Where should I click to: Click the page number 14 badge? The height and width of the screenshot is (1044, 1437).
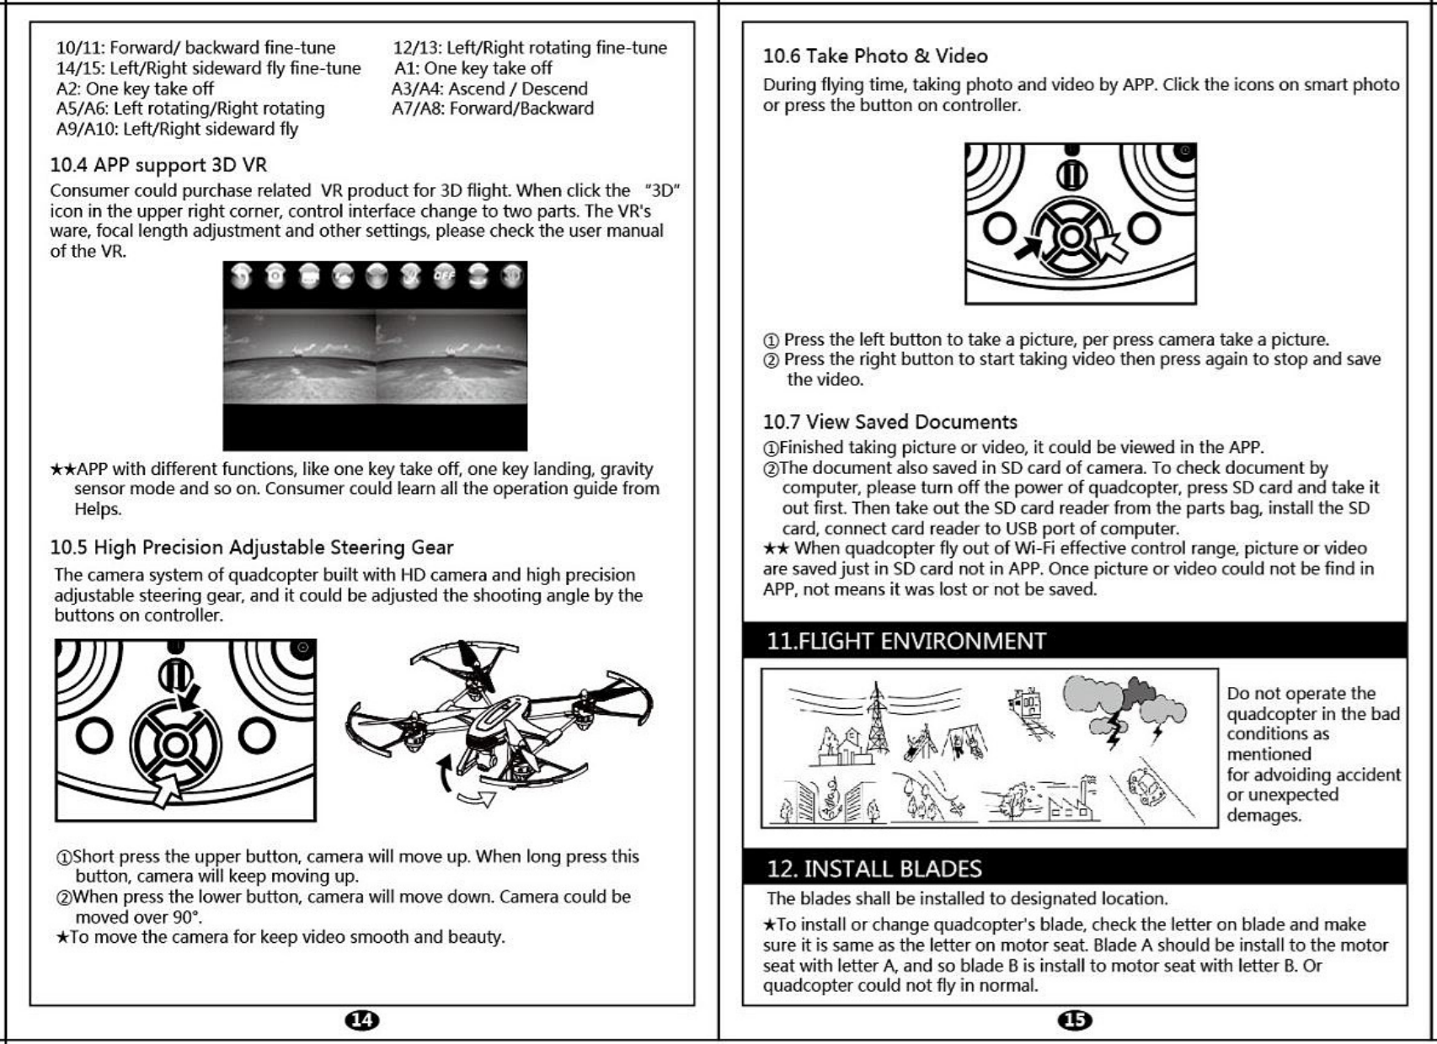tap(362, 1020)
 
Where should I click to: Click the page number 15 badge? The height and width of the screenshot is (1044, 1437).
tap(1075, 1020)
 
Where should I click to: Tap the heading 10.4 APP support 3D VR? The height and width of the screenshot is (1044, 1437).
tap(158, 165)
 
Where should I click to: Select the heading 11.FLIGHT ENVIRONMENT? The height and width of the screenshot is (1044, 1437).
tap(905, 642)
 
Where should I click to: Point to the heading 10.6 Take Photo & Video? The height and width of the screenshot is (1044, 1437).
tap(874, 56)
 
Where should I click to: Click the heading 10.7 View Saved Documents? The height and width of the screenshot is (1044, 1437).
tap(889, 422)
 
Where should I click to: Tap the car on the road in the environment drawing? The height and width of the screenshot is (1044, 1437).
tap(1147, 785)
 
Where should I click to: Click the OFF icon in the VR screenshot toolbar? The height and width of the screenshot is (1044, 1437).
tap(444, 276)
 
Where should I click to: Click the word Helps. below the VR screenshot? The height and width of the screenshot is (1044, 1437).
tap(98, 509)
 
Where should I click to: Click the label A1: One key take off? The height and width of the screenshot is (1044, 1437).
tap(473, 68)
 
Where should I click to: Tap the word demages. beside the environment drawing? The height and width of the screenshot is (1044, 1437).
tap(1263, 815)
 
